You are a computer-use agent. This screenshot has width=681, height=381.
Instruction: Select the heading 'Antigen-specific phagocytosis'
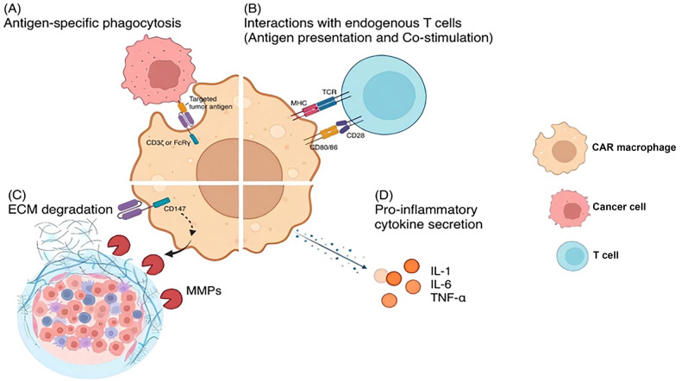(x=92, y=23)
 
